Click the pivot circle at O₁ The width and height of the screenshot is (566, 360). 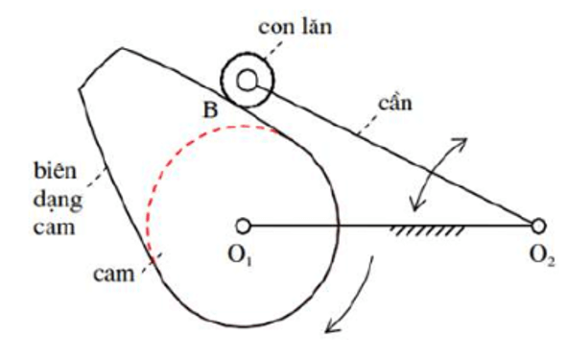[244, 227]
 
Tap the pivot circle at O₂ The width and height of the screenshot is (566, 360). [539, 227]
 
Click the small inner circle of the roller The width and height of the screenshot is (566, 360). [248, 80]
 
